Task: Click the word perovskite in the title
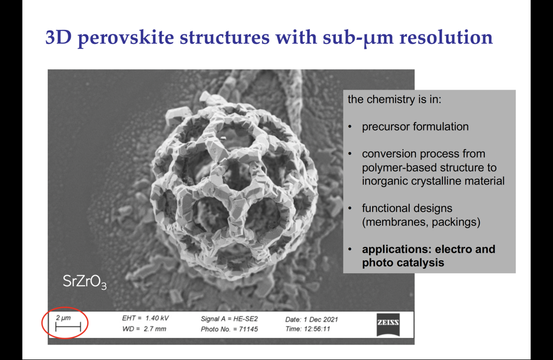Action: pyautogui.click(x=126, y=38)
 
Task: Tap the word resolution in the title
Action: pyautogui.click(x=446, y=37)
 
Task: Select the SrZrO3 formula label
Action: pyautogui.click(x=85, y=282)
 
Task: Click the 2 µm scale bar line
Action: pyautogui.click(x=68, y=327)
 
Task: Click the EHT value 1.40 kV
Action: pyautogui.click(x=157, y=318)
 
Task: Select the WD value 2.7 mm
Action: pyautogui.click(x=155, y=329)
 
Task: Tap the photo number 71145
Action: pyautogui.click(x=248, y=329)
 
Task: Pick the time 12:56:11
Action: pyautogui.click(x=317, y=329)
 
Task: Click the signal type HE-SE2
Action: pyautogui.click(x=246, y=319)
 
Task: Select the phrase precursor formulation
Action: pyautogui.click(x=415, y=127)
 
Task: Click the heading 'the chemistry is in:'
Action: pyautogui.click(x=394, y=100)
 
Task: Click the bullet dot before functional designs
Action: pyautogui.click(x=350, y=208)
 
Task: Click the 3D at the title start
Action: pyautogui.click(x=59, y=37)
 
